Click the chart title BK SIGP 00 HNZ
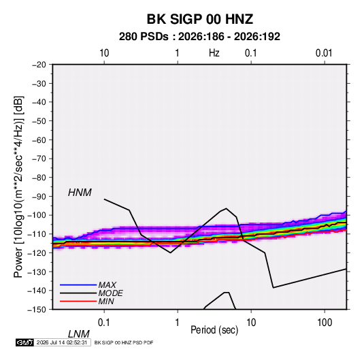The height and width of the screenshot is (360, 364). tap(199, 19)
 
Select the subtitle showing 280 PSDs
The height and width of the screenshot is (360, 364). tap(199, 37)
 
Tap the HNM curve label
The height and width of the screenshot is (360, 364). tap(80, 193)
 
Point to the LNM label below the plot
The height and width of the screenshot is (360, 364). tap(79, 334)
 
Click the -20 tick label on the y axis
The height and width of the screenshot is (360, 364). tap(39, 65)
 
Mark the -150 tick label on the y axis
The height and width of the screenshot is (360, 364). tap(37, 310)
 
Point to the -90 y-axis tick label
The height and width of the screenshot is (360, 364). tap(39, 197)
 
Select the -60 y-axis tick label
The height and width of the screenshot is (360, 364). tap(39, 140)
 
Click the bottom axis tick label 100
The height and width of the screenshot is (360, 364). tap(324, 323)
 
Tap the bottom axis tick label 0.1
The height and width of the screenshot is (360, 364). tap(103, 323)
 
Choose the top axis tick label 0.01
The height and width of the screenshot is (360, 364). tap(324, 53)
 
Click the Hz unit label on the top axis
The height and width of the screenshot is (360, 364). tap(214, 53)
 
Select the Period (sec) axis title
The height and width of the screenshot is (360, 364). tap(214, 330)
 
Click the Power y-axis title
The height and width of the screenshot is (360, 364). tap(18, 187)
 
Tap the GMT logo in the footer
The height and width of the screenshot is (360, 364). tap(25, 342)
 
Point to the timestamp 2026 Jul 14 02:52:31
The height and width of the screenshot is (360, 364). tap(62, 342)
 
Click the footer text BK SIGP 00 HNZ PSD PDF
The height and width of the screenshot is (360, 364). tap(124, 342)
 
